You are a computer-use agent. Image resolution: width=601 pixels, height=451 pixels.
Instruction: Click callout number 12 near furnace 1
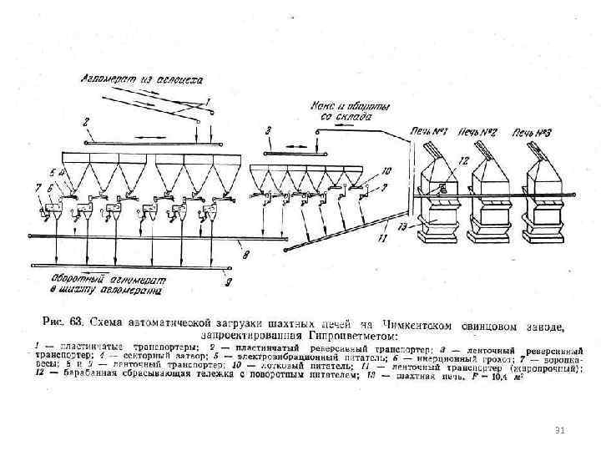click(463, 158)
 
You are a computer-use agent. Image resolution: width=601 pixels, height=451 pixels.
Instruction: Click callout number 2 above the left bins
click(87, 122)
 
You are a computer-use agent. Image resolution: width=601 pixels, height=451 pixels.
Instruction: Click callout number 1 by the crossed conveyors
click(209, 102)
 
